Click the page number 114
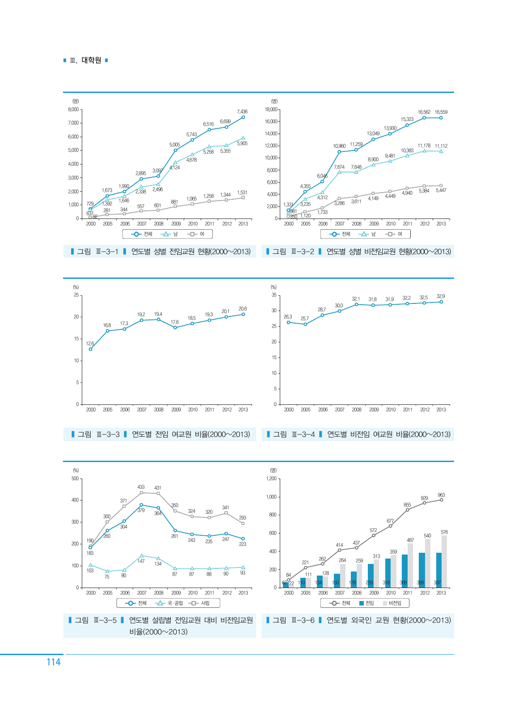[54, 662]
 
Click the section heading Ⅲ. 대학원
[86, 60]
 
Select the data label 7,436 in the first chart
[242, 112]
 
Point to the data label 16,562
[424, 112]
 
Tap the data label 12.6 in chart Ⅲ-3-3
[90, 344]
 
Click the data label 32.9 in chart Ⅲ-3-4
[441, 296]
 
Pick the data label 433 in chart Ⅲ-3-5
[141, 487]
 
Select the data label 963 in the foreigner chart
[441, 495]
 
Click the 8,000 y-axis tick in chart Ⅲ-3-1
[73, 109]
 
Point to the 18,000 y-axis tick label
[271, 109]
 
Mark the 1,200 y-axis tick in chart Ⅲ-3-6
[271, 479]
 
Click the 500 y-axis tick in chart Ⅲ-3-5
[75, 479]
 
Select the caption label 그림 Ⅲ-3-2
[293, 252]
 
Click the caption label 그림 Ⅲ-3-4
[294, 434]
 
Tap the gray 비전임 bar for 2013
[444, 561]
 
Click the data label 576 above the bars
[444, 532]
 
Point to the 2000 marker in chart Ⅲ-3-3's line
[90, 349]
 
